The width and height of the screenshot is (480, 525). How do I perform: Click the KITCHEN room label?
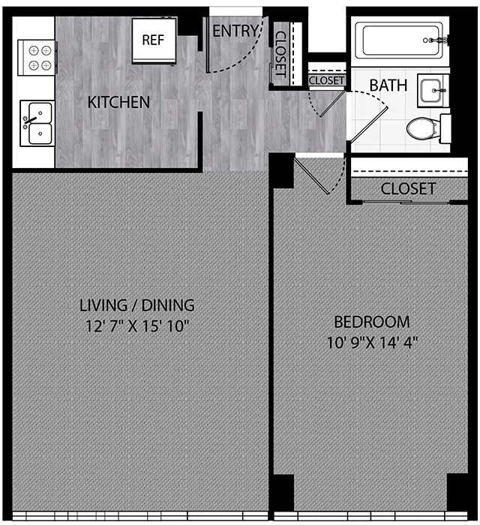coord(118,102)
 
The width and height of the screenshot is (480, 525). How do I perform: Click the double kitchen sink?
coord(35,123)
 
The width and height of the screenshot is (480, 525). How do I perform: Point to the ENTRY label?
coord(235,31)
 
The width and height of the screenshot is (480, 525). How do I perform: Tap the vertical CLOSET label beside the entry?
coord(280,52)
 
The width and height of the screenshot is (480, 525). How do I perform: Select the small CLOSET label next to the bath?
coord(326,80)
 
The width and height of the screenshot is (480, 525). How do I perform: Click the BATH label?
coord(388,85)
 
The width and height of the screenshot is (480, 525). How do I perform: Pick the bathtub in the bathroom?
coord(400,39)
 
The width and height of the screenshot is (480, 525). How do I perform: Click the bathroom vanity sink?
coord(433,90)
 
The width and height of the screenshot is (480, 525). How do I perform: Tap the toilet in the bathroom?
coord(425,129)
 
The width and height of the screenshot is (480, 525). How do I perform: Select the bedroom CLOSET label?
coord(407,189)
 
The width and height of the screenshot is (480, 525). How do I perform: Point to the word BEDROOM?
coord(371,322)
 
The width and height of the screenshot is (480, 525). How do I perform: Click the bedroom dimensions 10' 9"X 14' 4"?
coord(371,343)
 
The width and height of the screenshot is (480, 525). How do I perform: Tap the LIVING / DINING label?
coord(137,305)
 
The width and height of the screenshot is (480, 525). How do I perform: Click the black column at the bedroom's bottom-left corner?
coord(281,493)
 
